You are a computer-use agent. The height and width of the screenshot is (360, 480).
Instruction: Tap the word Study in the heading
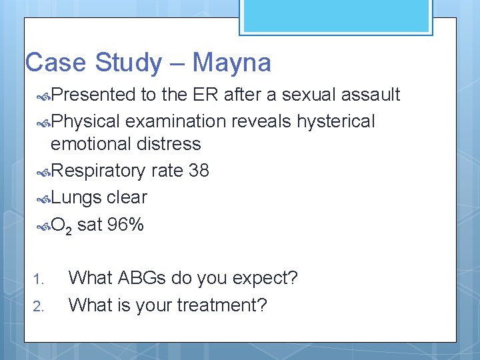(x=128, y=63)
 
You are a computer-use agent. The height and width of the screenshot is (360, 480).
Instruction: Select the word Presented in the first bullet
(x=93, y=95)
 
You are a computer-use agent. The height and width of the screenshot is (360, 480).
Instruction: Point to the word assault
(x=371, y=95)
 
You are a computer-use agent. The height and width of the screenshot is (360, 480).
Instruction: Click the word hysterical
(x=336, y=121)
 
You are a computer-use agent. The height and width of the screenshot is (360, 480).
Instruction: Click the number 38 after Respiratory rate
(x=199, y=171)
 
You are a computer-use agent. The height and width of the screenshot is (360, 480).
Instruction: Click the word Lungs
(x=76, y=197)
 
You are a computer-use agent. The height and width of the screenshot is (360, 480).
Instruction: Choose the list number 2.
(x=39, y=307)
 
